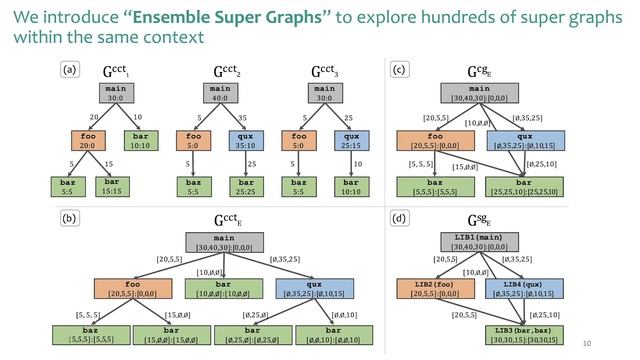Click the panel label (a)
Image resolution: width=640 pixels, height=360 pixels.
click(x=69, y=70)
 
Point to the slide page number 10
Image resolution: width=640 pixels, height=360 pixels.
click(x=615, y=340)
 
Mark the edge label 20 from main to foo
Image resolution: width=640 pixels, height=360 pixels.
click(x=95, y=115)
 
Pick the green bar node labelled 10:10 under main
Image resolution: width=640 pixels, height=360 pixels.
click(x=139, y=140)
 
